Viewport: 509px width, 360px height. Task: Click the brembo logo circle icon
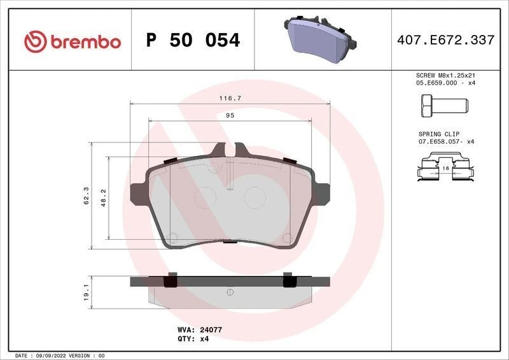[x=35, y=41]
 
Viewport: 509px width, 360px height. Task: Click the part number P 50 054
[x=193, y=41]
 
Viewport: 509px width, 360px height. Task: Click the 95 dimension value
[x=230, y=116]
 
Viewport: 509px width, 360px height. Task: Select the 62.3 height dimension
[x=85, y=195]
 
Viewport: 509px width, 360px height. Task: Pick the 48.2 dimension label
[x=102, y=198]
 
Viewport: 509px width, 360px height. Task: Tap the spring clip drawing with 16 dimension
[x=445, y=168]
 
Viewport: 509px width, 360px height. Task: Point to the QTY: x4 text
[x=193, y=339]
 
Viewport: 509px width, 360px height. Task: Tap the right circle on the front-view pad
[x=255, y=197]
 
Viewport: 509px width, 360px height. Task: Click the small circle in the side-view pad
[x=229, y=293]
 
